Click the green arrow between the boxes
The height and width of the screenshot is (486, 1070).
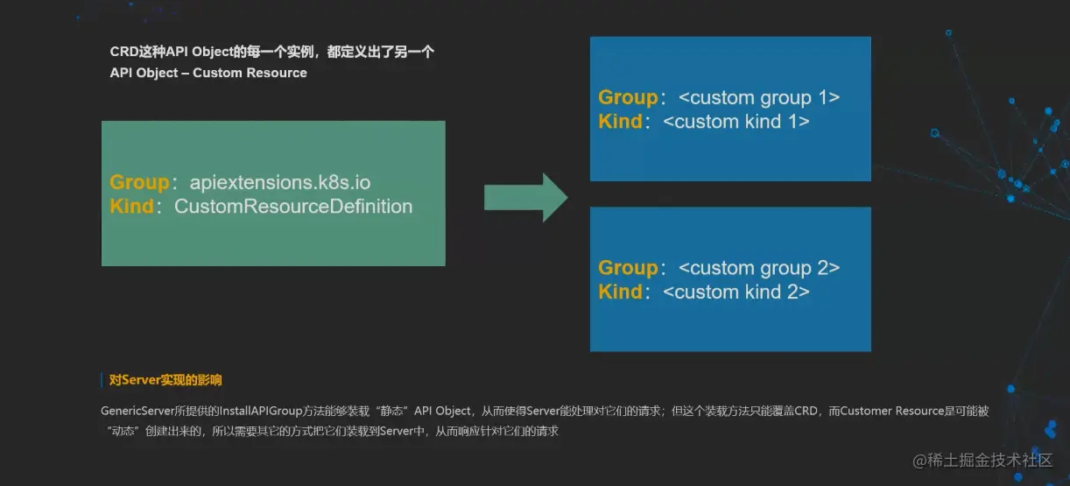pyautogui.click(x=526, y=197)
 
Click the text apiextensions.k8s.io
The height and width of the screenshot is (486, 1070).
pyautogui.click(x=280, y=182)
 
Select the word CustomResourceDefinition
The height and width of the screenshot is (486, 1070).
pyautogui.click(x=293, y=207)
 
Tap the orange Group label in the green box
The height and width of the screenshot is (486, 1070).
pyautogui.click(x=139, y=182)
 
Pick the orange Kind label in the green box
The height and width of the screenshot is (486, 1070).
pyautogui.click(x=131, y=207)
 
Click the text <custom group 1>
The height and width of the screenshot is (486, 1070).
pyautogui.click(x=759, y=97)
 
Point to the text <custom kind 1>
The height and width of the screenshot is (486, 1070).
pyautogui.click(x=736, y=122)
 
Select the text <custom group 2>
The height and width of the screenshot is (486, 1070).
pyautogui.click(x=759, y=268)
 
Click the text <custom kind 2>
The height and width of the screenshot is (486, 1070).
pyautogui.click(x=736, y=292)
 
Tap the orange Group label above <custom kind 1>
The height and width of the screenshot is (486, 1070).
pyautogui.click(x=628, y=97)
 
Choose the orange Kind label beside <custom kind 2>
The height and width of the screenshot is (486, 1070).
pyautogui.click(x=621, y=292)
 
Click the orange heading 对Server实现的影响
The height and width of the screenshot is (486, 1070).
pyautogui.click(x=165, y=380)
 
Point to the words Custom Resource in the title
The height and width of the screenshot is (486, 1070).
pyautogui.click(x=250, y=73)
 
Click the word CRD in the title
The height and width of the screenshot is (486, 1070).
pyautogui.click(x=123, y=52)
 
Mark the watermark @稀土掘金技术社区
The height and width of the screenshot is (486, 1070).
pyautogui.click(x=982, y=461)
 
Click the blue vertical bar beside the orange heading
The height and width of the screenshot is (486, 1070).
pyautogui.click(x=102, y=380)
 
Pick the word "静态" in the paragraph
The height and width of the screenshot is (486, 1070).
pyautogui.click(x=391, y=411)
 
